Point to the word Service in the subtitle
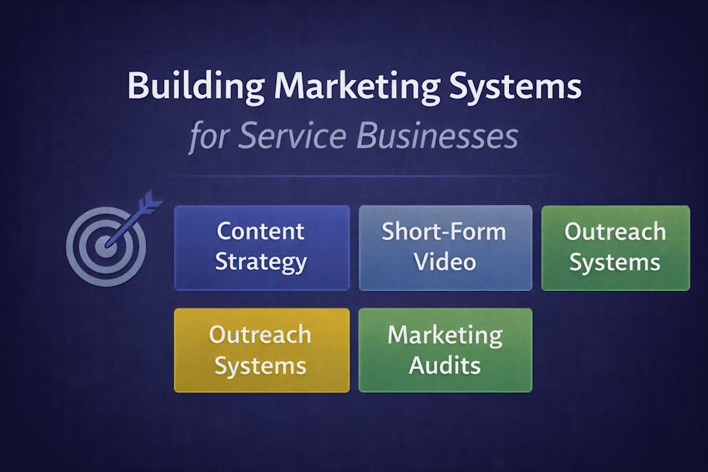click(x=292, y=135)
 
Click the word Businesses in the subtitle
click(x=438, y=135)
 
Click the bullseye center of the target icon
click(x=106, y=247)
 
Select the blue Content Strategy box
click(x=262, y=248)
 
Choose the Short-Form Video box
click(x=445, y=248)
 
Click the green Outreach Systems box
click(x=616, y=248)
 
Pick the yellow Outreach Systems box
click(x=262, y=350)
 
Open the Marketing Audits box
click(x=445, y=350)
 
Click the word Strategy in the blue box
click(x=261, y=263)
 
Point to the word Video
click(x=445, y=262)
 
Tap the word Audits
click(x=445, y=365)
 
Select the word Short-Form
click(x=444, y=232)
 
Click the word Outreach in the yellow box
click(x=260, y=335)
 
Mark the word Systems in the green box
click(x=615, y=263)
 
